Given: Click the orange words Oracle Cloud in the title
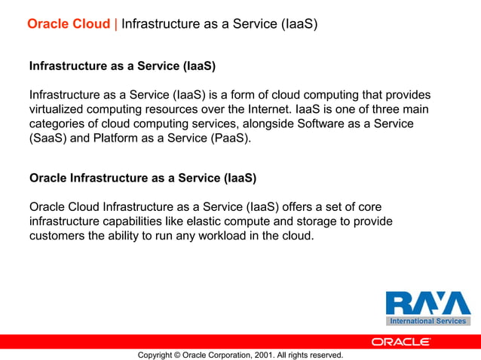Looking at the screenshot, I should click(69, 24).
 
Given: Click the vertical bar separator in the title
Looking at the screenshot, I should click(116, 24).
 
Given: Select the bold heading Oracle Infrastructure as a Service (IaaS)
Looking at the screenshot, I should click(142, 178).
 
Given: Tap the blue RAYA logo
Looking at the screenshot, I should click(428, 303).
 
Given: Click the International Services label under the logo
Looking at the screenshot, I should click(428, 322).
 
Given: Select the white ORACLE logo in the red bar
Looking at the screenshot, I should click(401, 341).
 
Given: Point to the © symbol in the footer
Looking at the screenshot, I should click(176, 355).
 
